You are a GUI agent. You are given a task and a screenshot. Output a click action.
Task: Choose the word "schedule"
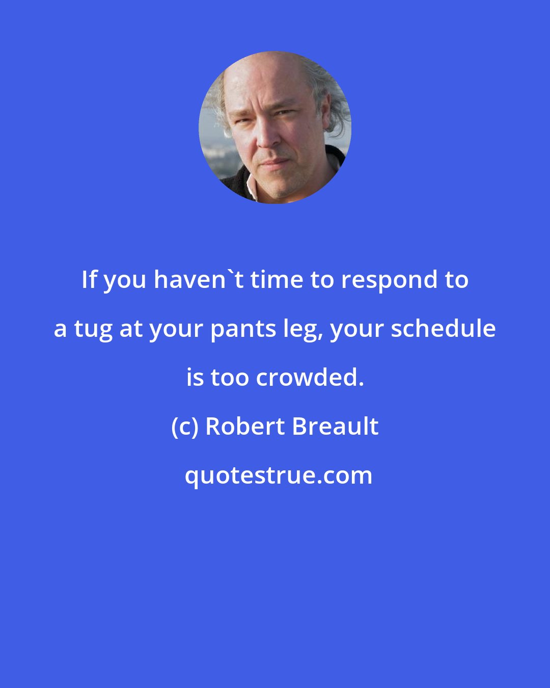pos(443,329)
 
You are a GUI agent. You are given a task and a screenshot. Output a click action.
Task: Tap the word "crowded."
pos(310,378)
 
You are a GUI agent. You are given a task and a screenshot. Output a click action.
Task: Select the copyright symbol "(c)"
pos(184,427)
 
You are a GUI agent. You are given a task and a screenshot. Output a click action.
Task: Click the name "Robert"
pos(244,427)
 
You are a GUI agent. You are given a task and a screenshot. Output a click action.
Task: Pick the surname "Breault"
pos(335,427)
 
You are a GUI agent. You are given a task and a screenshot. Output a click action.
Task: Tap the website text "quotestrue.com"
pos(278,475)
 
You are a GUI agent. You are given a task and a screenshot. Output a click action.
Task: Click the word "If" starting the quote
pos(88,280)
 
